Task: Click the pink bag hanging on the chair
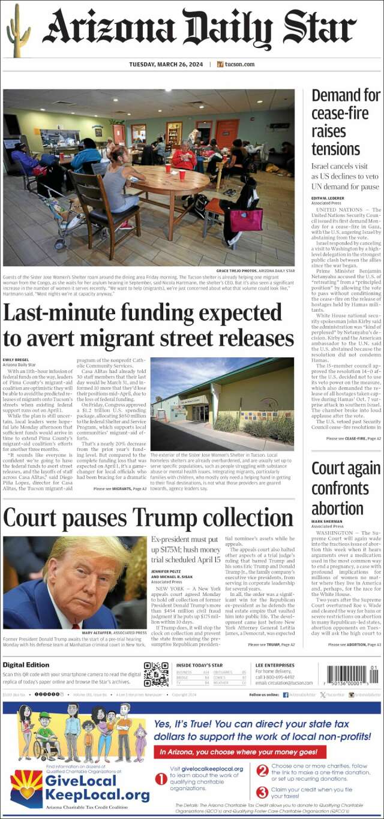247,219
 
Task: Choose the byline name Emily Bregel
16,360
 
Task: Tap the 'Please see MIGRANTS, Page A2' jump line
120,489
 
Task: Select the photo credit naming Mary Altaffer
115,633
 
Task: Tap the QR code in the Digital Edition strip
156,673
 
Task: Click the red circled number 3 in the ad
262,792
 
